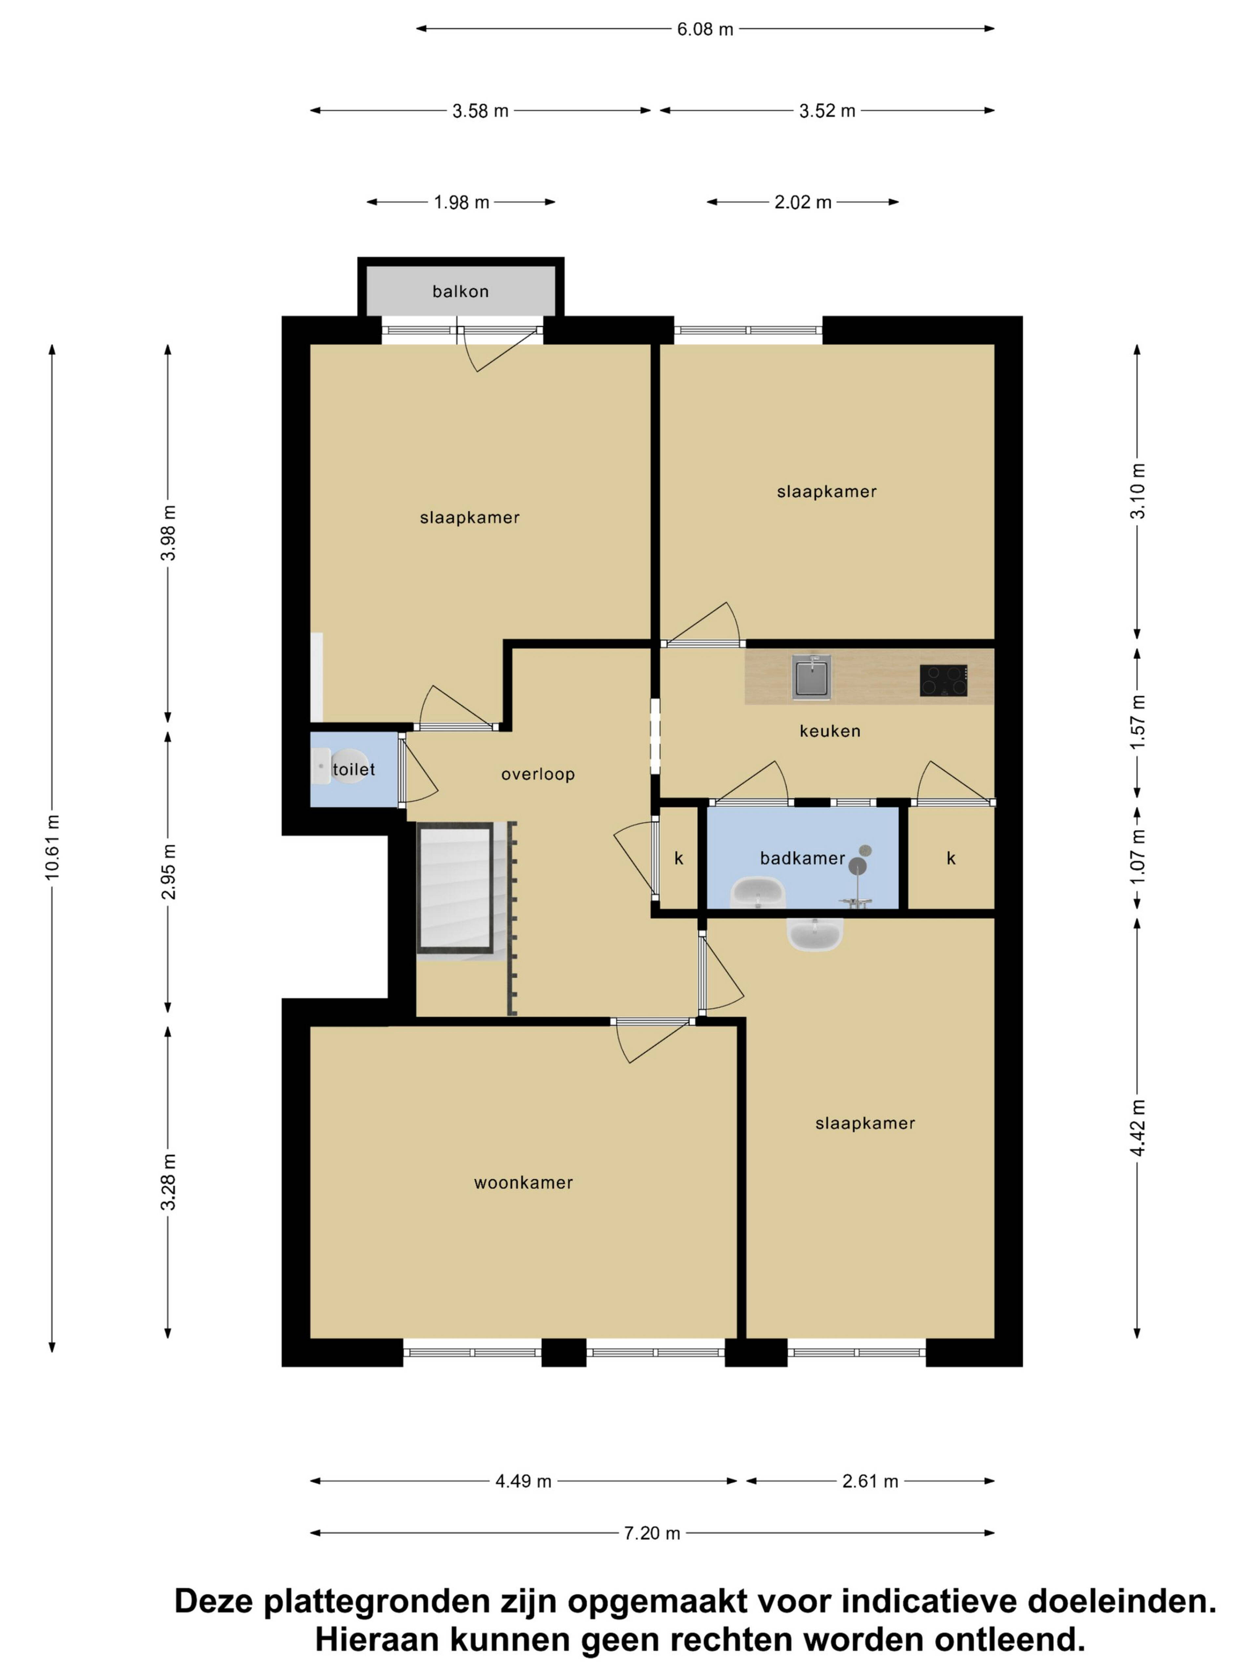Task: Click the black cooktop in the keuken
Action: pyautogui.click(x=943, y=681)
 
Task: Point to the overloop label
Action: pyautogui.click(x=538, y=775)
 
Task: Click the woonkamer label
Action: pyautogui.click(x=523, y=1183)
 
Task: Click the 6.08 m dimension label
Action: pyautogui.click(x=705, y=30)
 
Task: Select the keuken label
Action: pyautogui.click(x=829, y=731)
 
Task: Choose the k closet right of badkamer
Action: pyautogui.click(x=951, y=858)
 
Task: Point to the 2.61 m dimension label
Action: pyautogui.click(x=871, y=1481)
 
